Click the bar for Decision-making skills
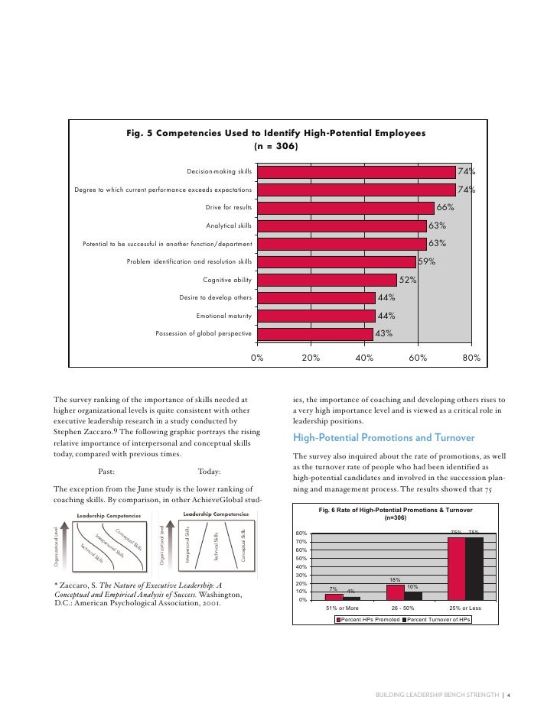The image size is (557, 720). point(356,171)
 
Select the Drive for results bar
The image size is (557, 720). point(345,207)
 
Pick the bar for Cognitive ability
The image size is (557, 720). point(327,280)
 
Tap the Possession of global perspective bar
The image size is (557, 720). point(314,333)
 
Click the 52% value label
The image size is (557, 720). point(408,280)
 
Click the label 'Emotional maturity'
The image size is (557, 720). point(223,316)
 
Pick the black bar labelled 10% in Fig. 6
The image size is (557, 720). point(412,595)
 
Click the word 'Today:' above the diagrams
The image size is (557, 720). point(211,471)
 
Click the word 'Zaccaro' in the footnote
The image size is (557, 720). point(77,585)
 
